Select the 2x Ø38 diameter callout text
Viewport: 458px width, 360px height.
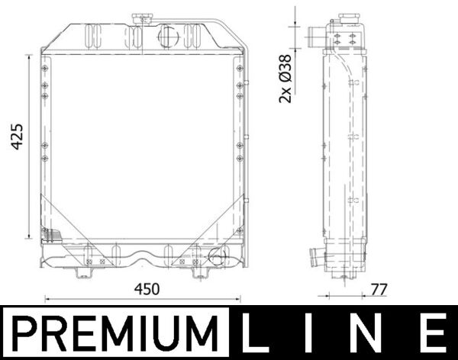pos(285,76)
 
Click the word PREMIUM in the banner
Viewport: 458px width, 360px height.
pos(114,333)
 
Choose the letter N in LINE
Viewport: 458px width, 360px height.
pos(379,333)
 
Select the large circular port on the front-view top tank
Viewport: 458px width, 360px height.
pos(168,34)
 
